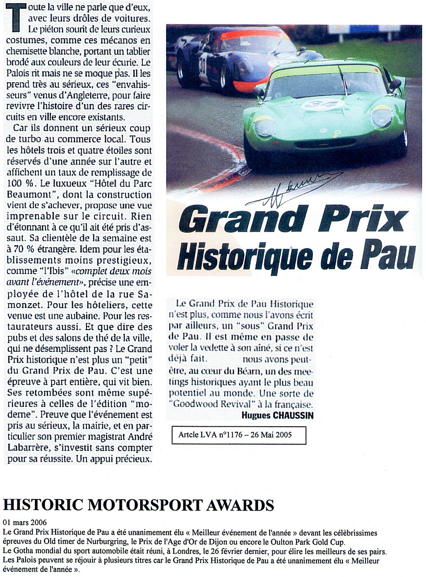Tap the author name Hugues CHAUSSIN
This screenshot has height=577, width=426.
click(x=277, y=415)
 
